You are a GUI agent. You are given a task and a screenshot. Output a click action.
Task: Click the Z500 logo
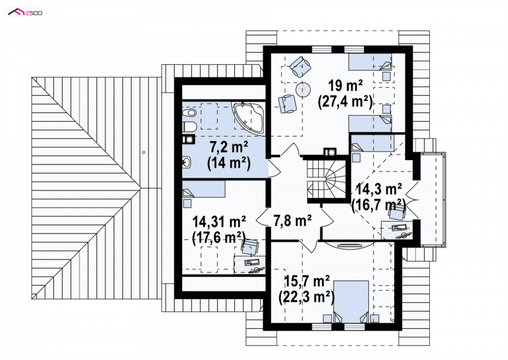pos(25,13)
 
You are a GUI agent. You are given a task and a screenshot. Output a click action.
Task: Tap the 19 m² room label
pos(345,86)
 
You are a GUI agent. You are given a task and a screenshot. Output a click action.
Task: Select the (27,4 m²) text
pos(345,102)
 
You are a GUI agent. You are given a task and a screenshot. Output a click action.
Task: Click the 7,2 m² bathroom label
pos(229,148)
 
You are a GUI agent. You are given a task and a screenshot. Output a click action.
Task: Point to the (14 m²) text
pos(229,163)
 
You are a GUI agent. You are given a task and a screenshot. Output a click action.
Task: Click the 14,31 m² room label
pos(219,222)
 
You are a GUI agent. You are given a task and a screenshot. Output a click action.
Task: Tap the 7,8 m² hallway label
pos(293,221)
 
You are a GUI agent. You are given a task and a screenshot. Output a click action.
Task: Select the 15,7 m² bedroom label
pos(307,281)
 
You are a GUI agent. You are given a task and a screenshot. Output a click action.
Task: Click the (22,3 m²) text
pos(307,297)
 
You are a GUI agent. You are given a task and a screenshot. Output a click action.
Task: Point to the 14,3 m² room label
pos(379,189)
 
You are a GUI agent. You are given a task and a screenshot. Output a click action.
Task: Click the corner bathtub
pos(248,117)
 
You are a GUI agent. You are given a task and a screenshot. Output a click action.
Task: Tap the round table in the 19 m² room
pos(303,89)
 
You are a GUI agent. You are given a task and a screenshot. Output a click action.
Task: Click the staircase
pos(326,178)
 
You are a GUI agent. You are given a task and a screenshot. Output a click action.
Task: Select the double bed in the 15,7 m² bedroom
pos(351,302)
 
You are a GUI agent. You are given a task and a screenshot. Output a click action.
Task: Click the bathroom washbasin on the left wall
pos(186,162)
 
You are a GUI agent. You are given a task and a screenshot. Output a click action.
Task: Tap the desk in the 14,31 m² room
pos(250,265)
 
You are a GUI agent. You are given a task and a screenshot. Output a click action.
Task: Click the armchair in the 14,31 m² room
pos(250,246)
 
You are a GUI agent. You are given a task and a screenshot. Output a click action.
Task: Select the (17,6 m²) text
pos(219,238)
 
